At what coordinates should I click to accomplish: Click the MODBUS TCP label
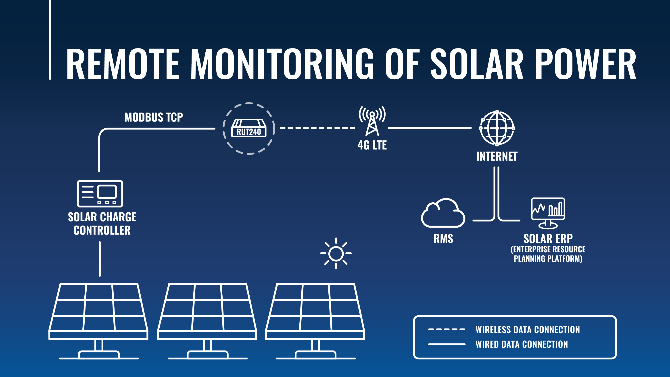click(x=154, y=117)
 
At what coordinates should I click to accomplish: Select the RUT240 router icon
click(x=249, y=128)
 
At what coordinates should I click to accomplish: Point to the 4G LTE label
click(x=372, y=145)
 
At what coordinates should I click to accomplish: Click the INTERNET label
click(x=497, y=156)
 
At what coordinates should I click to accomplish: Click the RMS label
click(x=443, y=239)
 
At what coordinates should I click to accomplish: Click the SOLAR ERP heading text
click(x=548, y=239)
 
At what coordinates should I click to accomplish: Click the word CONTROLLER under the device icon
click(x=102, y=230)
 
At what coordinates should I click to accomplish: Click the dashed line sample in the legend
click(x=447, y=329)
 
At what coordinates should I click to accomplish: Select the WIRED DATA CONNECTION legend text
click(x=522, y=344)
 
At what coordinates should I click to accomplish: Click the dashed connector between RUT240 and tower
click(x=317, y=128)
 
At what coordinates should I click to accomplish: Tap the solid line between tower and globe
click(x=430, y=128)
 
